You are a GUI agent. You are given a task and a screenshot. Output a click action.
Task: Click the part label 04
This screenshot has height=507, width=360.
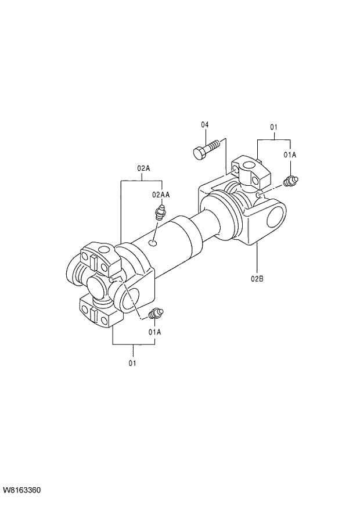[x=205, y=125]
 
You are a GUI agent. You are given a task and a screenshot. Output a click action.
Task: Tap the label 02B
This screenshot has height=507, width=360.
[x=257, y=279]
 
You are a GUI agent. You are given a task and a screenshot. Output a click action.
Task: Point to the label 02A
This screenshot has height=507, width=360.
[x=144, y=168]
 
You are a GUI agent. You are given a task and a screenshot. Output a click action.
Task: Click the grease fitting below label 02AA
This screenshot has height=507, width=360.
[x=160, y=213]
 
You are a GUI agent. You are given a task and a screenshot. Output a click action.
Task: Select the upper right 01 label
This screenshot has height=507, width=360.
[x=273, y=127]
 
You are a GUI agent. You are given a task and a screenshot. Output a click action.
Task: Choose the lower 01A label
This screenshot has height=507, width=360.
[x=154, y=332]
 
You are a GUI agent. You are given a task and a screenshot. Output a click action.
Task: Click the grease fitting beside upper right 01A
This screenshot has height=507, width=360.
[x=290, y=181]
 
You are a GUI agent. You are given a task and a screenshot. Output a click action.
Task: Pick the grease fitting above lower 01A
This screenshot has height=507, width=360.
[x=155, y=315]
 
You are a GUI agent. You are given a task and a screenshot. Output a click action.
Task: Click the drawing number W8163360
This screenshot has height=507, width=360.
[x=21, y=491]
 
